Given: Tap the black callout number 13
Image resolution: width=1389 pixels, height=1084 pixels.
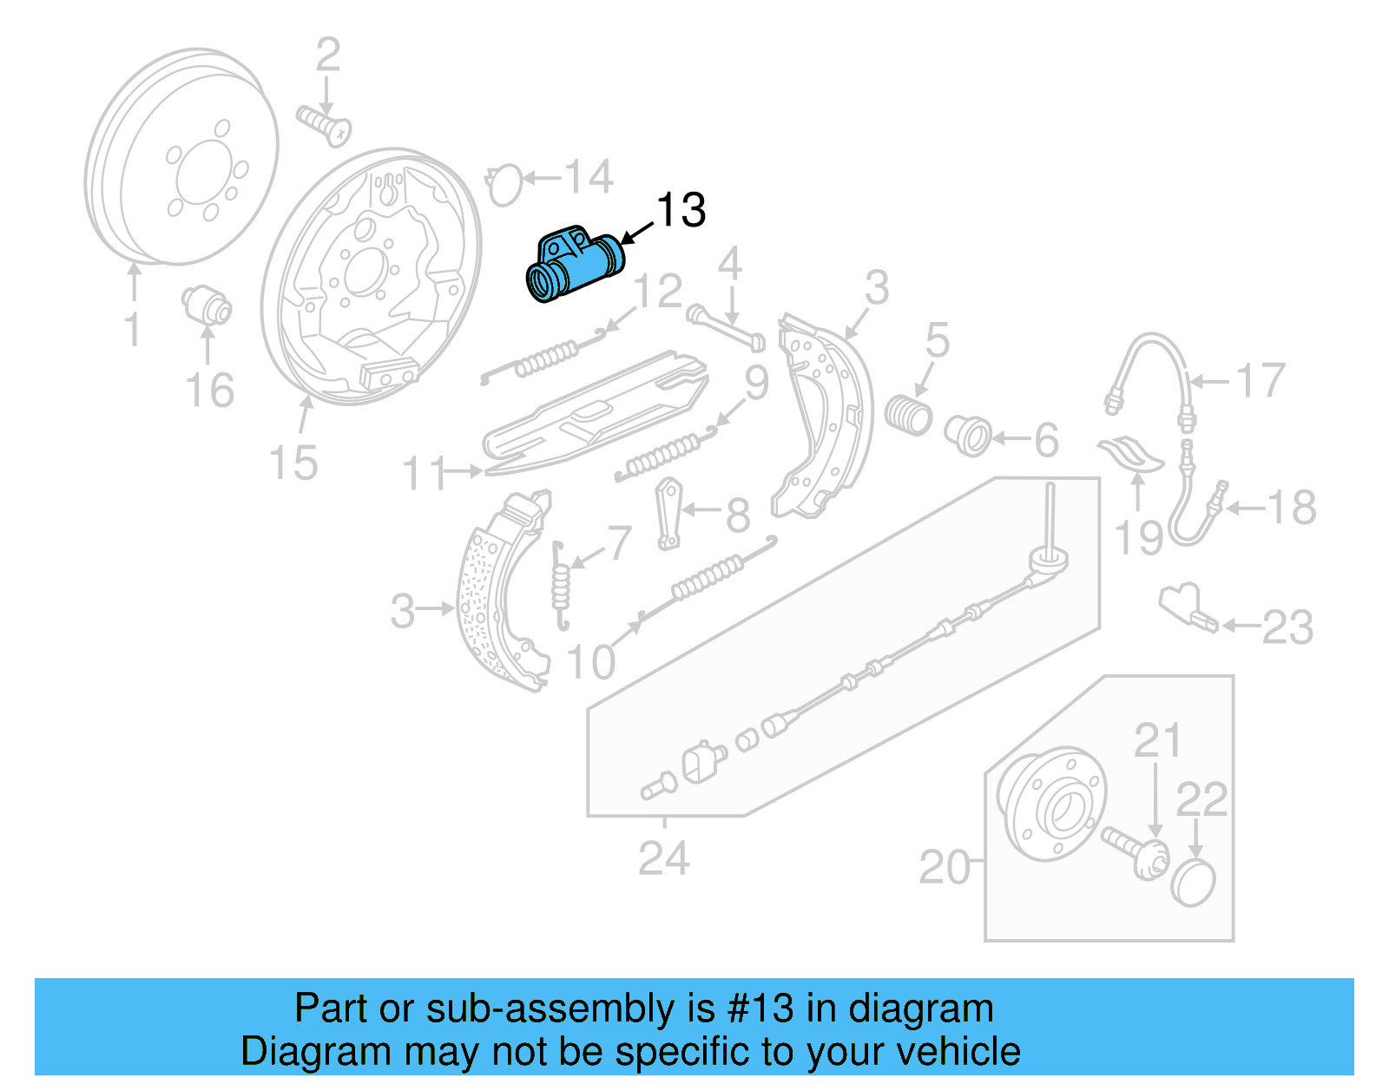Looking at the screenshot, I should [681, 210].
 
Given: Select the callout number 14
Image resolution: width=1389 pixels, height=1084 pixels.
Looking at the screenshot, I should [589, 177].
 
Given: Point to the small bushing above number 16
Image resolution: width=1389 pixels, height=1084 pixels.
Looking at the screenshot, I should [207, 304].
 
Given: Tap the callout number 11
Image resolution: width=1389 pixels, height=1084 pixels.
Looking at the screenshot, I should [425, 474].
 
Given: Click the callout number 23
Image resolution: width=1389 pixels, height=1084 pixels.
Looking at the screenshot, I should [1287, 627].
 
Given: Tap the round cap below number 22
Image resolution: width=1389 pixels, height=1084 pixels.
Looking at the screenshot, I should [1194, 883].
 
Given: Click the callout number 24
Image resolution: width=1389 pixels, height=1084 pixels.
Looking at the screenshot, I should [664, 858].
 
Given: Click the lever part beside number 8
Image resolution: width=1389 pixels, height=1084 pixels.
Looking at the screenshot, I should [668, 514].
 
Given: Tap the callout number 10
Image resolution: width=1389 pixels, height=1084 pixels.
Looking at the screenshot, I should [591, 662].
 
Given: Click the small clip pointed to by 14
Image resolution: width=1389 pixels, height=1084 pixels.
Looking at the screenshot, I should [504, 185].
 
